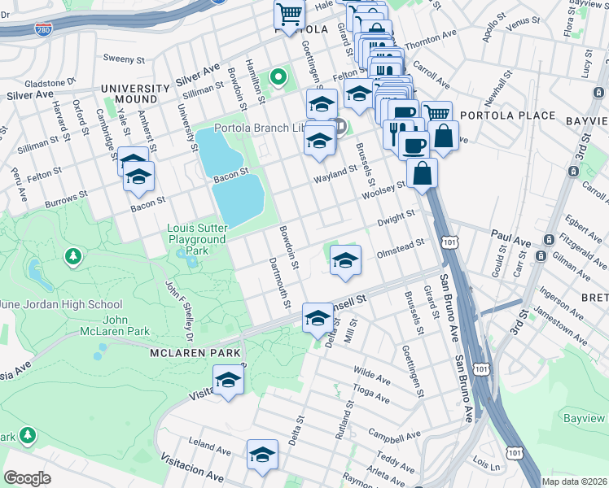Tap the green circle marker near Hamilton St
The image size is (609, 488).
click(x=278, y=78)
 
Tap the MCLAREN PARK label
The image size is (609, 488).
click(x=195, y=353)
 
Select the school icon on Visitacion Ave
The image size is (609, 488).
click(x=262, y=456)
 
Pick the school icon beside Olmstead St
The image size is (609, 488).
click(x=345, y=260)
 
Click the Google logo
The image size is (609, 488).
click(x=27, y=477)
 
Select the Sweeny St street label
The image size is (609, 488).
click(x=123, y=58)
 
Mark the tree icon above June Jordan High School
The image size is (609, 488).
click(x=73, y=257)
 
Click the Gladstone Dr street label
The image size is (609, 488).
click(x=49, y=82)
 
